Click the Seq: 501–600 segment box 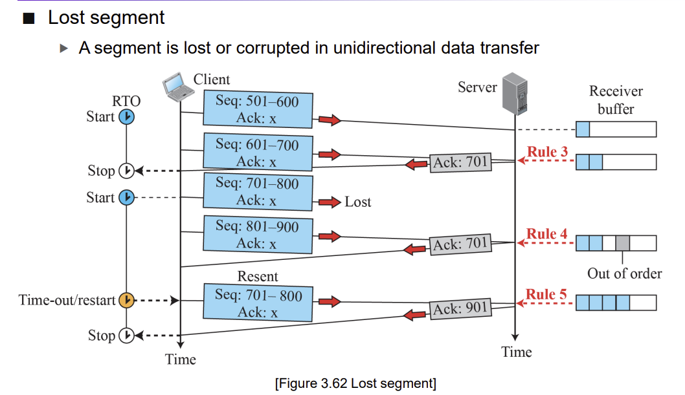pos(258,109)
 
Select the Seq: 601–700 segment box pos(258,152)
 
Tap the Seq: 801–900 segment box pos(258,235)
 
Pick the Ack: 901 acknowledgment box pos(460,309)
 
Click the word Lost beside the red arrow pos(358,202)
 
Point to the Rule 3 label pos(547,152)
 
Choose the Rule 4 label pos(546,233)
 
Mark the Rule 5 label pos(546,294)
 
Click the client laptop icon pos(178,87)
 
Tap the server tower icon pos(515,93)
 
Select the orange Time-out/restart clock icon pos(127,300)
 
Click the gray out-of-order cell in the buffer pos(623,243)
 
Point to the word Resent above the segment pos(258,277)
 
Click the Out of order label pos(624,273)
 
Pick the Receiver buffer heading pos(616,100)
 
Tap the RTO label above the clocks pos(126,101)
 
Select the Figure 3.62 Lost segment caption pos(355,383)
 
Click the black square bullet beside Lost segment pos(29,18)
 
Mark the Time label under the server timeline pos(517,352)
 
